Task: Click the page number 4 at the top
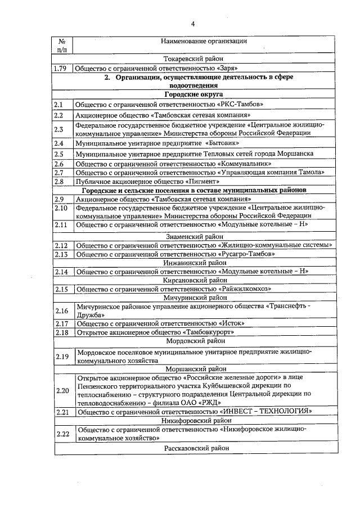coord(193,24)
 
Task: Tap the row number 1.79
coord(60,69)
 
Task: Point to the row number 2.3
coord(59,129)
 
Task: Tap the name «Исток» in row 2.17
coord(231,323)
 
